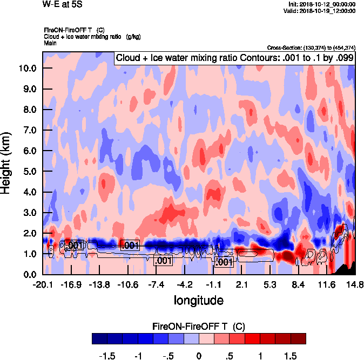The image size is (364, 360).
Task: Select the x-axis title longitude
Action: coord(198,299)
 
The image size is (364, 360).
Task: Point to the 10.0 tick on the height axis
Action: coord(28,68)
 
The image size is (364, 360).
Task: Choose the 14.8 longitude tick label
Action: coord(355,284)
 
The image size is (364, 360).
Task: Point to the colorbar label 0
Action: coord(199,356)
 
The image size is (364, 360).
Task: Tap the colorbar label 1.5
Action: coord(290,356)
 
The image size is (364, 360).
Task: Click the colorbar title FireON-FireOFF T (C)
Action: coord(199,326)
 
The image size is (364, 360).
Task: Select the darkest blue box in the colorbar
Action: coord(99,338)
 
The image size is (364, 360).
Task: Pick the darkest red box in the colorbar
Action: coord(298,338)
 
